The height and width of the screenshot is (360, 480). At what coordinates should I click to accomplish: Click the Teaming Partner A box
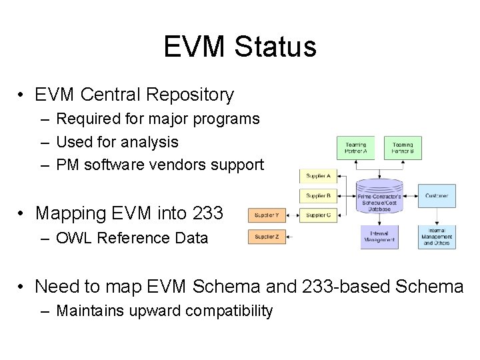(355, 147)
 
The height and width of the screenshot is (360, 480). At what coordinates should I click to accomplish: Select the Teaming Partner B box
(403, 147)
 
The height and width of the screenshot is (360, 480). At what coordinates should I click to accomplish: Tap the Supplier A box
(317, 176)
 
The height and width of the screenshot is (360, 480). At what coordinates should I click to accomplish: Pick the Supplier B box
(317, 196)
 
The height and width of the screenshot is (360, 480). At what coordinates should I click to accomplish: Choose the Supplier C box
(317, 215)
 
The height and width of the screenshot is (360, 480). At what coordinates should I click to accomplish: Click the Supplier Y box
(267, 215)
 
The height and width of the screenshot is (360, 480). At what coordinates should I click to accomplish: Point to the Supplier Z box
(267, 237)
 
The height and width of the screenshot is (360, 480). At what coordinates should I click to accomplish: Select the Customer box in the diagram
(437, 196)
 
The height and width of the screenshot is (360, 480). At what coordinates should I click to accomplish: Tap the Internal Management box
(379, 237)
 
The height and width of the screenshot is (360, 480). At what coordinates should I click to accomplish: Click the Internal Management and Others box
(437, 237)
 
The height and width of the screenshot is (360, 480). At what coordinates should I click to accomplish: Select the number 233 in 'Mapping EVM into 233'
(207, 213)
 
